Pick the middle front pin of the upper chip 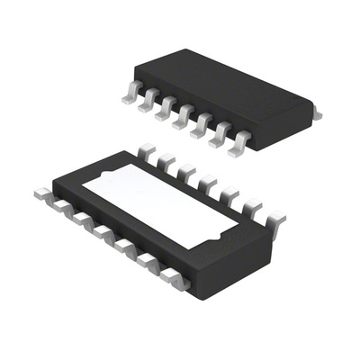click(182, 116)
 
